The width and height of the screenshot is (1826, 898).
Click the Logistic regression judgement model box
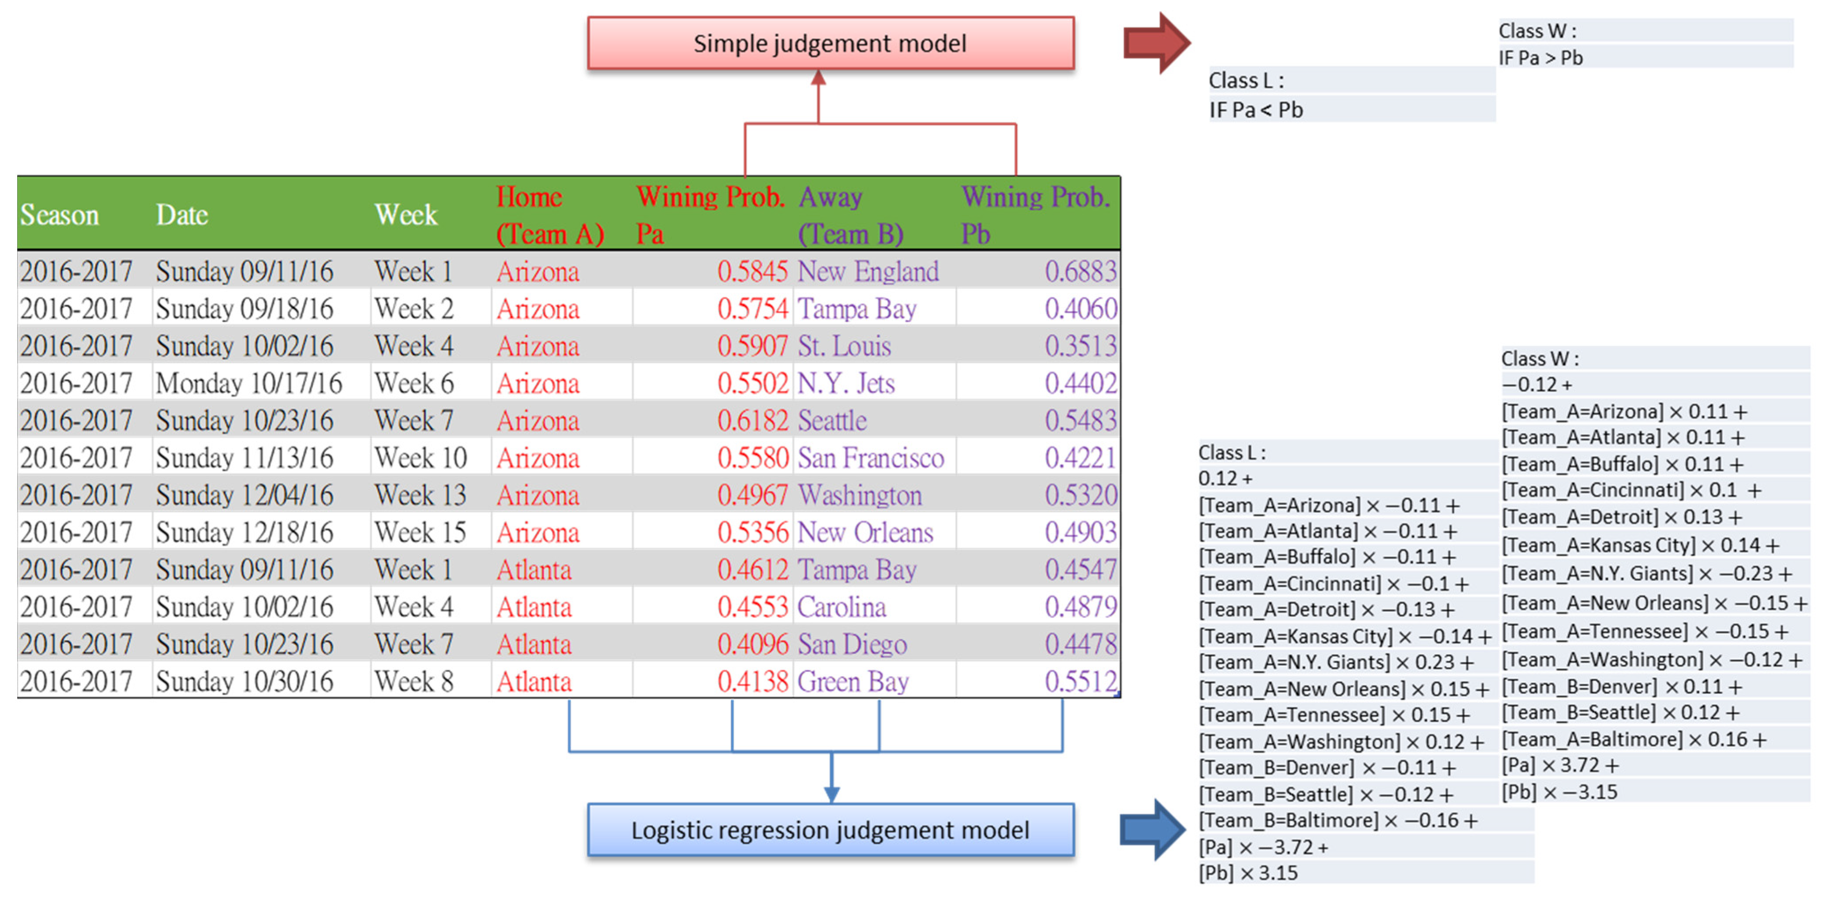click(830, 830)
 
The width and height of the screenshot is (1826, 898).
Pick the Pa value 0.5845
click(751, 271)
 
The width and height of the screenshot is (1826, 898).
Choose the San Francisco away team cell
click(871, 458)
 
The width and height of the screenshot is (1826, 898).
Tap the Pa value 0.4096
click(751, 644)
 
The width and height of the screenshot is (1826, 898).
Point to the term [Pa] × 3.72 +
click(1559, 766)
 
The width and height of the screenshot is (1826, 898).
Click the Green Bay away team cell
click(853, 681)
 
